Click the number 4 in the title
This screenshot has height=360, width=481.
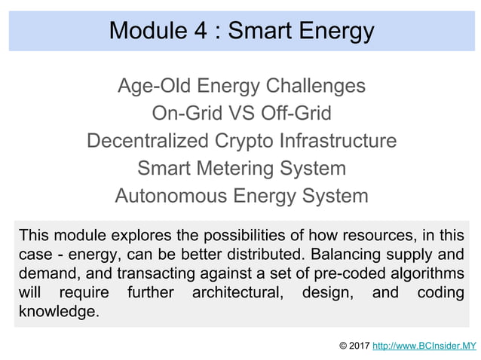(201, 31)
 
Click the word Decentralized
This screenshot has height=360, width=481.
(143, 141)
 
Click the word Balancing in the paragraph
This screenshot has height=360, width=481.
(339, 253)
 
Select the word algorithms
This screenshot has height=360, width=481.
(428, 273)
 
